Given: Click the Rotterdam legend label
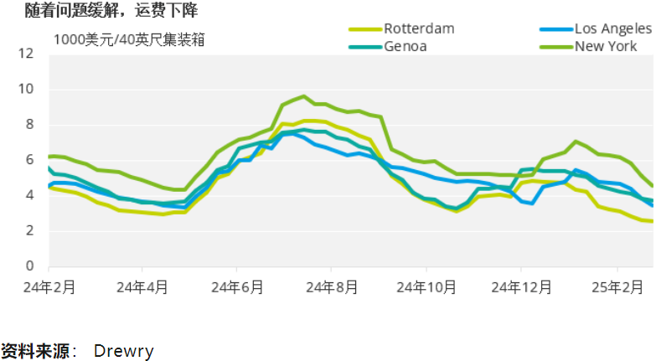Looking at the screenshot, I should pos(419,28).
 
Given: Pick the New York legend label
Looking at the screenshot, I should pos(606,46).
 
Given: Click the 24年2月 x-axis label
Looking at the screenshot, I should pos(49,286).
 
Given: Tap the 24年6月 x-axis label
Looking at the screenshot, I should pos(237,286).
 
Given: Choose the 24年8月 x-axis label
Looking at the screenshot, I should pos(332,286).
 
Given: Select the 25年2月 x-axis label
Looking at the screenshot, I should pos(617,286).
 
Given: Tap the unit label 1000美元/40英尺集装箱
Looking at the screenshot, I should pos(130,39).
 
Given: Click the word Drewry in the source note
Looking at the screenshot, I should pos(124,349).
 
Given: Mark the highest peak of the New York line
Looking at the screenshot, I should pos(303,96).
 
